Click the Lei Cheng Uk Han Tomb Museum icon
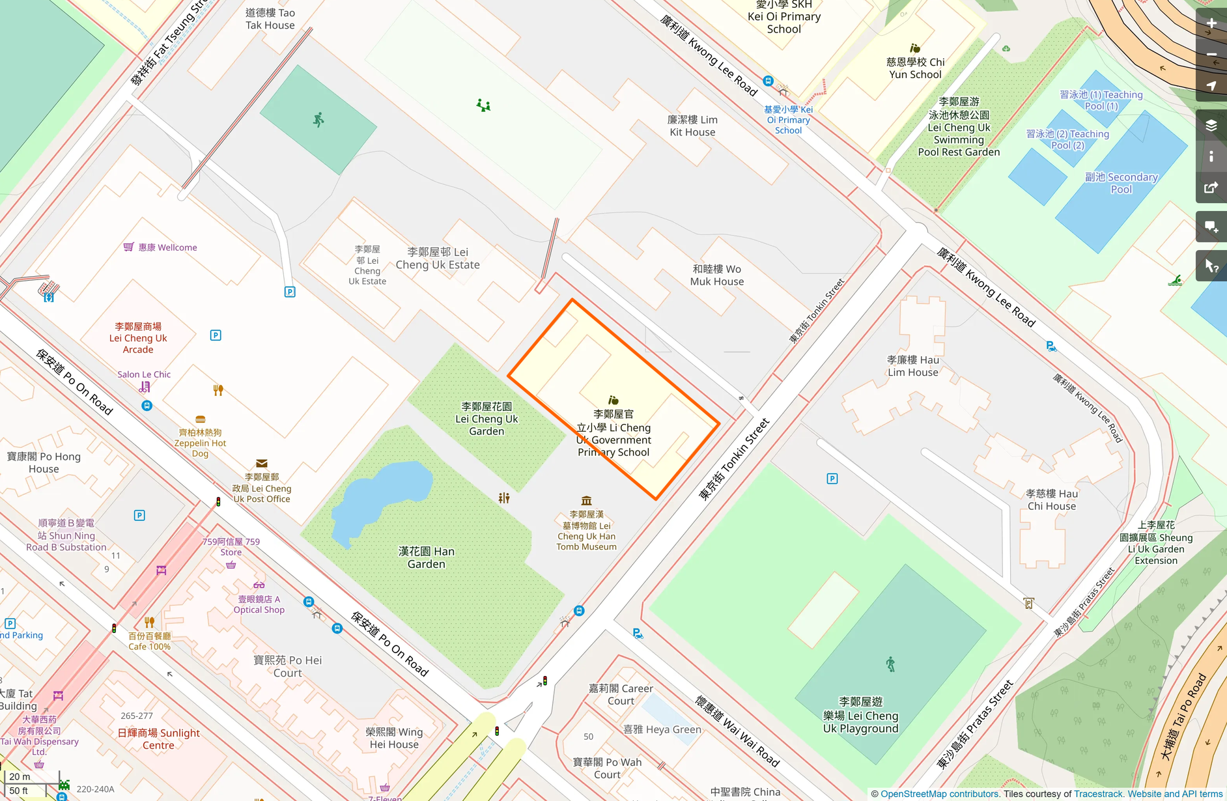click(x=586, y=501)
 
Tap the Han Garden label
click(x=426, y=557)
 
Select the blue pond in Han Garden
click(x=384, y=495)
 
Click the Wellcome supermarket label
click(x=167, y=247)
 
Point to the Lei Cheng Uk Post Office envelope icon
click(x=262, y=464)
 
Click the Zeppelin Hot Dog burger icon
click(x=201, y=420)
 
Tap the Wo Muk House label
click(x=716, y=275)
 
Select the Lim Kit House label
click(x=692, y=126)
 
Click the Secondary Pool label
click(x=1121, y=183)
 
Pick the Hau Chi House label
click(x=1051, y=499)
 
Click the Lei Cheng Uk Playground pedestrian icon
click(x=890, y=664)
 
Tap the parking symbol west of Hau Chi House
click(x=832, y=479)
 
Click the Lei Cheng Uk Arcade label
click(x=138, y=338)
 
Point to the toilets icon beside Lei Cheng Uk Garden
click(x=504, y=498)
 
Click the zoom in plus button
click(x=1211, y=23)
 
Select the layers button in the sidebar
click(x=1211, y=125)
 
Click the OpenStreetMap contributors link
click(x=939, y=794)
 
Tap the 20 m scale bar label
click(x=20, y=776)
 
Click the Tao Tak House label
click(x=270, y=19)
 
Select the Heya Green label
click(x=662, y=729)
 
